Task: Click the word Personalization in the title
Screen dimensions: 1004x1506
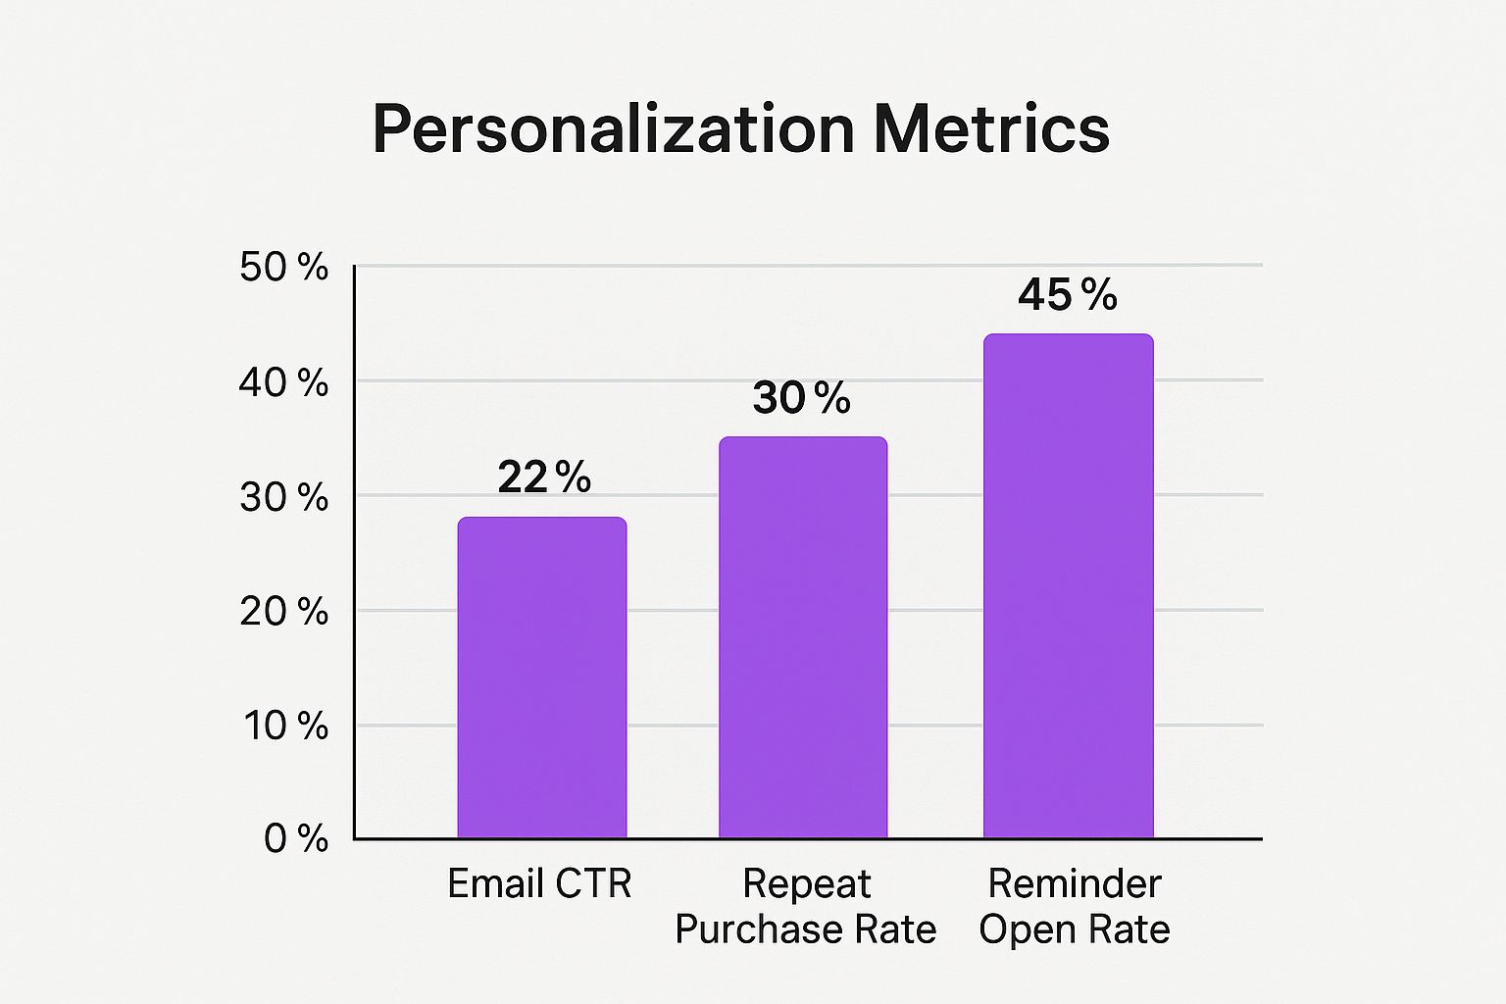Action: pyautogui.click(x=614, y=129)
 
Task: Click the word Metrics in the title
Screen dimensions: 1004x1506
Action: pyautogui.click(x=991, y=129)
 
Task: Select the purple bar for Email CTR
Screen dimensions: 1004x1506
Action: pyautogui.click(x=542, y=677)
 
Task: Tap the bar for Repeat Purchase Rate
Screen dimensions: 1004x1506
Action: pyautogui.click(x=803, y=637)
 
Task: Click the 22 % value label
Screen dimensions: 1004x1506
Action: pyautogui.click(x=544, y=477)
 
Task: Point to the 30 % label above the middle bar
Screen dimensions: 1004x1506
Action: pyautogui.click(x=801, y=398)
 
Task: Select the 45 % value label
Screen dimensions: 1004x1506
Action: pyautogui.click(x=1067, y=295)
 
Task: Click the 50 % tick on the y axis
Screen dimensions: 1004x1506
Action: pyautogui.click(x=283, y=268)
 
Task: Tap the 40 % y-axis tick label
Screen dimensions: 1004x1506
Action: pyautogui.click(x=283, y=382)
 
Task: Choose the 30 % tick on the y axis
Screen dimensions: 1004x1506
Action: pyautogui.click(x=283, y=497)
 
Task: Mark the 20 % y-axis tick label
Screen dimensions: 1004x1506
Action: pyautogui.click(x=283, y=612)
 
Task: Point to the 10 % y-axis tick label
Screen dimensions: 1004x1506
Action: pyautogui.click(x=285, y=726)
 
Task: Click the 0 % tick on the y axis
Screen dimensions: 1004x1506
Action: pyautogui.click(x=296, y=838)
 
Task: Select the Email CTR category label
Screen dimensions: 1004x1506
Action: pyautogui.click(x=539, y=884)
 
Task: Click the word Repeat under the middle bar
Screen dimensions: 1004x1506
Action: pyautogui.click(x=806, y=884)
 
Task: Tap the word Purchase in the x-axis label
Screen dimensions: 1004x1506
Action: pyautogui.click(x=753, y=929)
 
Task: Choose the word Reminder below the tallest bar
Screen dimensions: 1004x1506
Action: pyautogui.click(x=1074, y=884)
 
